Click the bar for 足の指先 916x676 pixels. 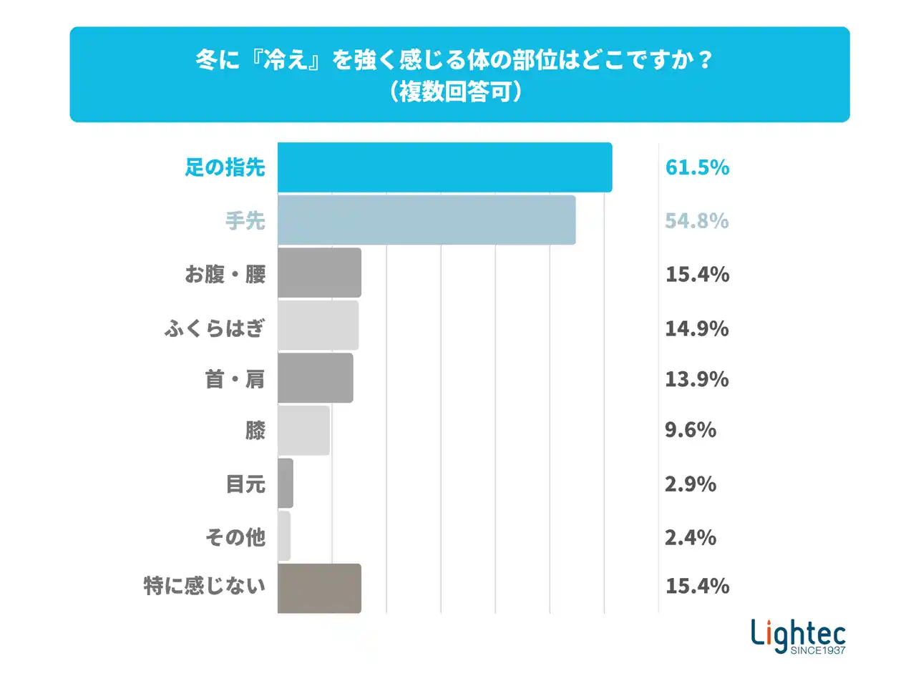pos(444,167)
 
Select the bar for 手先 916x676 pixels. pos(427,220)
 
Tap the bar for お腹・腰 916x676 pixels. pos(319,273)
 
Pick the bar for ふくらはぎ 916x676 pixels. pos(318,325)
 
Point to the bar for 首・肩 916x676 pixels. pos(315,378)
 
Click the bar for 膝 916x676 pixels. pos(303,431)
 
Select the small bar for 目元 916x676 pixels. pos(285,484)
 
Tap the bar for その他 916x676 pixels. pos(283,536)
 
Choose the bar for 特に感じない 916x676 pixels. pos(319,588)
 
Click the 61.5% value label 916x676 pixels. pos(696,168)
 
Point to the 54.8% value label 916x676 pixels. pos(696,221)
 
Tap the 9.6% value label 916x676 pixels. pos(691,430)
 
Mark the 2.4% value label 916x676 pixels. pos(691,537)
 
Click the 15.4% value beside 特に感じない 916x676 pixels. pos(696,587)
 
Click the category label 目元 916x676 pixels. pos(245,484)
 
